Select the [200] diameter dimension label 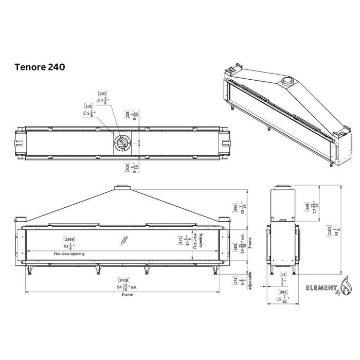click(x=103, y=94)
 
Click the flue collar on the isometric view click(x=286, y=83)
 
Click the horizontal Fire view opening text click(x=69, y=254)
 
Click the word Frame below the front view click(x=127, y=295)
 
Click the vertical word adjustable click(x=249, y=280)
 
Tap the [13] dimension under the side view click(x=282, y=276)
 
